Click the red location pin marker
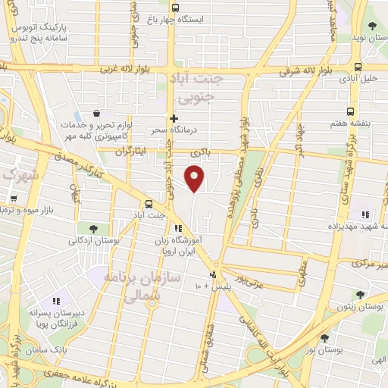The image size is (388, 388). tap(196, 179)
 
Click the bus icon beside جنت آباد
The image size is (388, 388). tap(148, 204)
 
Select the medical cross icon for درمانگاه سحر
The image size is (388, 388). tap(174, 118)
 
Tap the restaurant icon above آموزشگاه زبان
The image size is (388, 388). tap(177, 228)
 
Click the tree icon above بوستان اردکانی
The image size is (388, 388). tap(93, 227)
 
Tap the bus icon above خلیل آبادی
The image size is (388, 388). tap(358, 66)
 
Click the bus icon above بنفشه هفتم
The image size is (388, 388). tap(350, 111)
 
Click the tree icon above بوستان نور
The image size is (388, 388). tap(324, 338)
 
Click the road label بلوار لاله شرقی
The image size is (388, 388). tap(305, 71)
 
